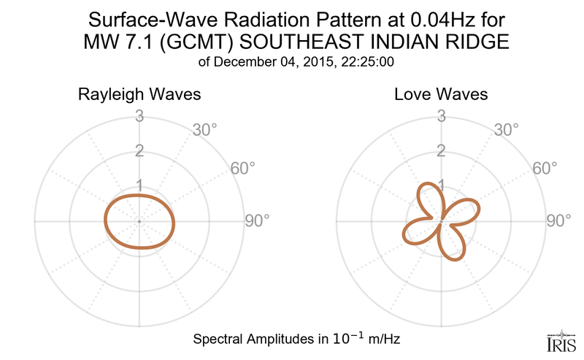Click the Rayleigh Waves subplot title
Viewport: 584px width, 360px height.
139,95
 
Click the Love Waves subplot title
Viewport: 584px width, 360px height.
441,95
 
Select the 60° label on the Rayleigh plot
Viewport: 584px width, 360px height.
243,169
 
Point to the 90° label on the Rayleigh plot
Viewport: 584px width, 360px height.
256,221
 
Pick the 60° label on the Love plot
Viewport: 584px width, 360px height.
545,169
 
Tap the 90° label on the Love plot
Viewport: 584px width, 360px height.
558,221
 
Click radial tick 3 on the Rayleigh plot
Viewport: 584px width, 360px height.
139,115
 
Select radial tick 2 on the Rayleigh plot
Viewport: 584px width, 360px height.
139,151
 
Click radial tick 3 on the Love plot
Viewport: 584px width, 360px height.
441,115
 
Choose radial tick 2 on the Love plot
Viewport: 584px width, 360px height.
441,151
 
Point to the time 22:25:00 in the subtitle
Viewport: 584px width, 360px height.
369,62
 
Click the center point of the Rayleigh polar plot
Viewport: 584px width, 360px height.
139,221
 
